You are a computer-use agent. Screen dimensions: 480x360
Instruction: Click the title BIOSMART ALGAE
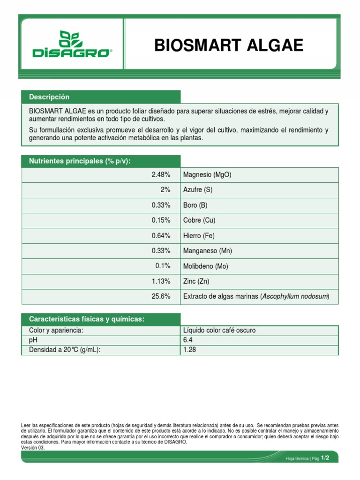click(229, 45)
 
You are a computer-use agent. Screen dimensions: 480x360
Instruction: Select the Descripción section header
click(49, 97)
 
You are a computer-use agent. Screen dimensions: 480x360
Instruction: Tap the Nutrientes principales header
click(80, 161)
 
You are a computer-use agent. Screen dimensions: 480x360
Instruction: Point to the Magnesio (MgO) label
click(207, 175)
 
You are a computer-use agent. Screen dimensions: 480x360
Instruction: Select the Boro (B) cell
click(195, 205)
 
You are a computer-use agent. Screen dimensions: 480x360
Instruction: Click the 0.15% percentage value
click(161, 220)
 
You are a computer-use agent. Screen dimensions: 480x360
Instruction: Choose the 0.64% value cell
click(161, 236)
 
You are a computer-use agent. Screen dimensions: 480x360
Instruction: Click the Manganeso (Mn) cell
click(207, 251)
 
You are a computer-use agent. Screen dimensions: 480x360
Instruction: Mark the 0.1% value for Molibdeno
click(163, 266)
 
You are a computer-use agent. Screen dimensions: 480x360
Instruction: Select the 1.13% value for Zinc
click(161, 281)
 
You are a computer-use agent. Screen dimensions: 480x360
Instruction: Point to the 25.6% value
click(161, 297)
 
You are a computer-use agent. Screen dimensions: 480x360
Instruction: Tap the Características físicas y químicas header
click(87, 319)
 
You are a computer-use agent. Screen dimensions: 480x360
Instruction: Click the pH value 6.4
click(187, 340)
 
